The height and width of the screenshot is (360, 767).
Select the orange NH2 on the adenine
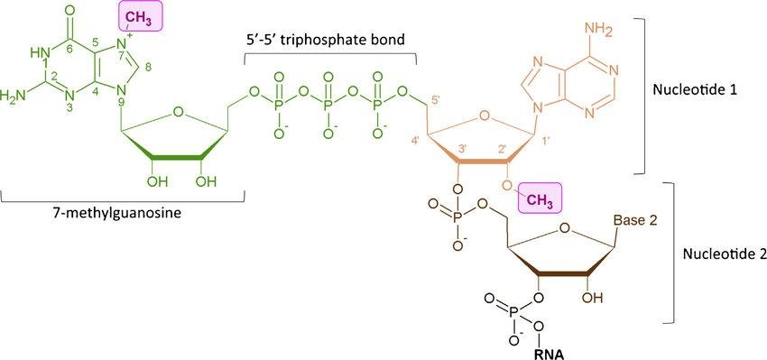[x=603, y=32]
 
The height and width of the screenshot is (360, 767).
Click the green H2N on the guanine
[x=14, y=94]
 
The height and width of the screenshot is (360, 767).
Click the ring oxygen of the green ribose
[x=178, y=113]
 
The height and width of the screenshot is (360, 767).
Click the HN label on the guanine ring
[x=38, y=52]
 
